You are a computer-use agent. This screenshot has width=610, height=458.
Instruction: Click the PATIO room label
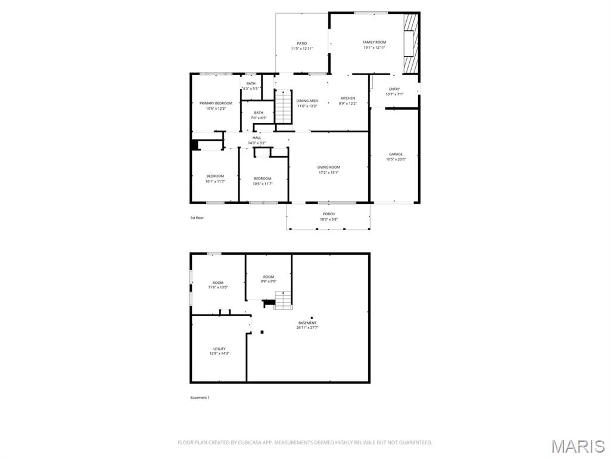302,44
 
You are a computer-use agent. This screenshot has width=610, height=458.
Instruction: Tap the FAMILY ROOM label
374,42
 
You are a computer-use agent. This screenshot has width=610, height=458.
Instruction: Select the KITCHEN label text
348,98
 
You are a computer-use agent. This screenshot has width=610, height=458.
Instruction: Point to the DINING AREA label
307,101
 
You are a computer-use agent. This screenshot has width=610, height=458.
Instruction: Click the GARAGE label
396,154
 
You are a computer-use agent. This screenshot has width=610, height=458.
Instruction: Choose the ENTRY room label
394,89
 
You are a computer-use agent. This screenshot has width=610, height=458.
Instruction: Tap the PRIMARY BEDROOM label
216,103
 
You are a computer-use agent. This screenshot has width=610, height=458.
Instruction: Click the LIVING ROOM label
328,168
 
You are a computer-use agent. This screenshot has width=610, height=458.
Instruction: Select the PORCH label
328,214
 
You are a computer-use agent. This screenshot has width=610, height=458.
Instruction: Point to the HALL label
257,138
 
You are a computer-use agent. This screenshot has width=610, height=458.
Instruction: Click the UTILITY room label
219,349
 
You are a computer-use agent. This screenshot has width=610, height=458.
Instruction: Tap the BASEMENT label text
307,323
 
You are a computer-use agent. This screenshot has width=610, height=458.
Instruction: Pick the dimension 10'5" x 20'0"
396,159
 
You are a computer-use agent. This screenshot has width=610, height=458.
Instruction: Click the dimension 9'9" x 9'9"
269,282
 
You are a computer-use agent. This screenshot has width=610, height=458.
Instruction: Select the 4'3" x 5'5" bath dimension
251,88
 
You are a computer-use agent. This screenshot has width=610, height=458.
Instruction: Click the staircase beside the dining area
283,106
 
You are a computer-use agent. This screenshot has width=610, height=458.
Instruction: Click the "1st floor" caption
197,218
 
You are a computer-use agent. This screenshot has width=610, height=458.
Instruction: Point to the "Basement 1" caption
200,397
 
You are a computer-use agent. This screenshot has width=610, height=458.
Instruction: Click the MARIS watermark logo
578,446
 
